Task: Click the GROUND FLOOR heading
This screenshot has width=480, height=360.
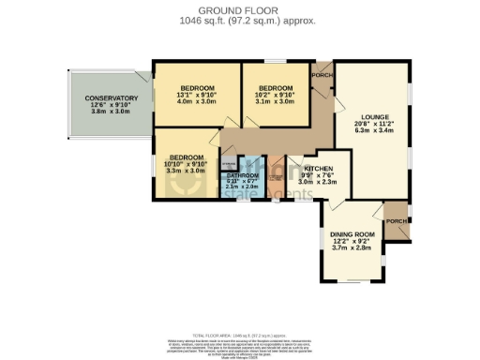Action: (239, 8)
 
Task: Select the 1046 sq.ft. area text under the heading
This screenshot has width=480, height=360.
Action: (239, 19)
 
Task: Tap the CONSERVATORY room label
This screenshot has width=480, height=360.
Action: (112, 98)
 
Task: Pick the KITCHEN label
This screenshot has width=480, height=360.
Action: (319, 169)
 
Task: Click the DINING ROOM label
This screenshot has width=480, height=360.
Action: (352, 234)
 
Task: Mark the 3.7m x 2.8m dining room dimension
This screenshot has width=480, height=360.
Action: (352, 247)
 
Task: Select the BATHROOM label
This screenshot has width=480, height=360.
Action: (243, 175)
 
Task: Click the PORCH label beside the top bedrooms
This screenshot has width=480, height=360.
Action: (322, 75)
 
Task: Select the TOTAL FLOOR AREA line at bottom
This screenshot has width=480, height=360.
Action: (239, 335)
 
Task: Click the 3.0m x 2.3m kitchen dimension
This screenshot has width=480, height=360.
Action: (319, 182)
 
